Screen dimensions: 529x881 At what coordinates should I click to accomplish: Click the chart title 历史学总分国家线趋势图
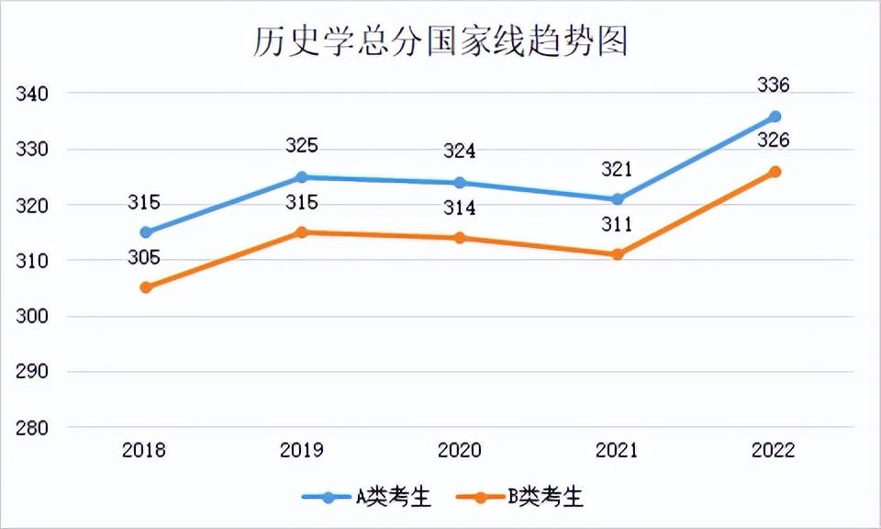(x=440, y=41)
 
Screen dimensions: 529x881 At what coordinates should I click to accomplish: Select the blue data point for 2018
(x=146, y=232)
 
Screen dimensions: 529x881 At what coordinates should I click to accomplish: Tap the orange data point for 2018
(x=146, y=287)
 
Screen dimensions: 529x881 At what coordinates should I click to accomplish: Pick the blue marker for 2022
(x=775, y=117)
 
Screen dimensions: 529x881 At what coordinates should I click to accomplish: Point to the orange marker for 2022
(x=775, y=172)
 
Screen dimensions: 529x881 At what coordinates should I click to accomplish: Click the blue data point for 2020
(x=460, y=183)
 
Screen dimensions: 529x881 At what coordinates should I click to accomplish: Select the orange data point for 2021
(x=618, y=254)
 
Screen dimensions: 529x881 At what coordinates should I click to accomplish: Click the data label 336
(x=774, y=85)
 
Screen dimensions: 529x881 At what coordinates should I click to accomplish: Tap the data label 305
(x=144, y=258)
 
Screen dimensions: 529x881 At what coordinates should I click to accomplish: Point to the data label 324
(x=459, y=152)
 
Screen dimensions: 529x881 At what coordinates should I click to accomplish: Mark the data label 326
(x=774, y=141)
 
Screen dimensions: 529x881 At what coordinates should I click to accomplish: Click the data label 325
(x=301, y=146)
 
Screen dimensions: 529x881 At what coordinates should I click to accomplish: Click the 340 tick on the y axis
(x=30, y=94)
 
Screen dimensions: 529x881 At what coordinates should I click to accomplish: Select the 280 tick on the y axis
(x=30, y=428)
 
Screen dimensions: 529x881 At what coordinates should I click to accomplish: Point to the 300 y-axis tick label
(x=30, y=317)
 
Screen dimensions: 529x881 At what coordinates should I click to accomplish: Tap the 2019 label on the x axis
(x=301, y=450)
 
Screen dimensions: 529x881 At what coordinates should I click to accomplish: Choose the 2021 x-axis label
(x=616, y=450)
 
